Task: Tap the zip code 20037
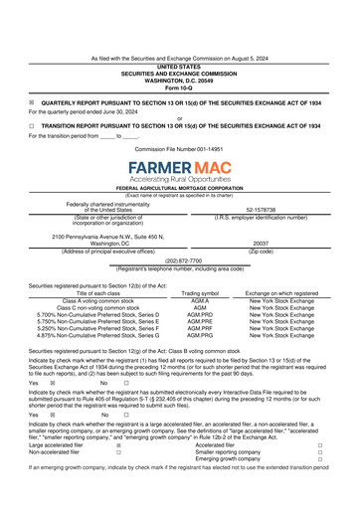point(262,243)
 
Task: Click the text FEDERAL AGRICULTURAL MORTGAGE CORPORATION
point(179,187)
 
